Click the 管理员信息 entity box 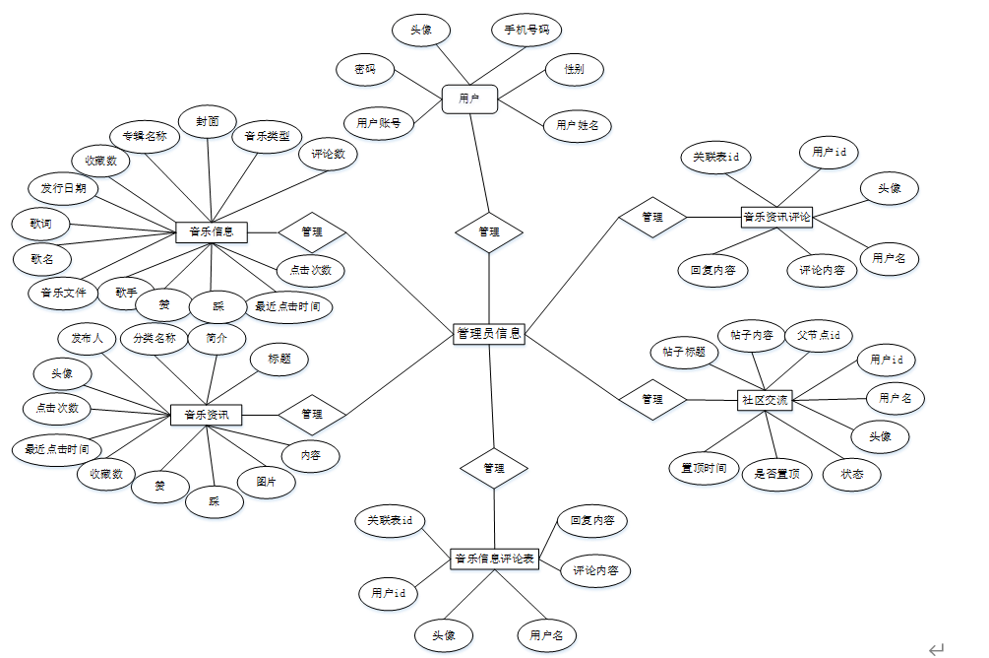[489, 334]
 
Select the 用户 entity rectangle [469, 99]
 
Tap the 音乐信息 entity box [212, 232]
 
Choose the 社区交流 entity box [765, 400]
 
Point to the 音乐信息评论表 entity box [495, 559]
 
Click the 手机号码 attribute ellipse [526, 31]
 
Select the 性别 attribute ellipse [574, 70]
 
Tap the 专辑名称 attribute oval [145, 136]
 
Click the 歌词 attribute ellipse [41, 224]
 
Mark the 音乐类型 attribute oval [268, 136]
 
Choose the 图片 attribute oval [267, 482]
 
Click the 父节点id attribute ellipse [819, 335]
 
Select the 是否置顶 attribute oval [776, 474]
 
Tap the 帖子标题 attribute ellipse [684, 352]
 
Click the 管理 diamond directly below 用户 [489, 232]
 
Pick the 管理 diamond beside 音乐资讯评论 [651, 217]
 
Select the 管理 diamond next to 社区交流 [651, 399]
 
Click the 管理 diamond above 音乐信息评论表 [494, 469]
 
